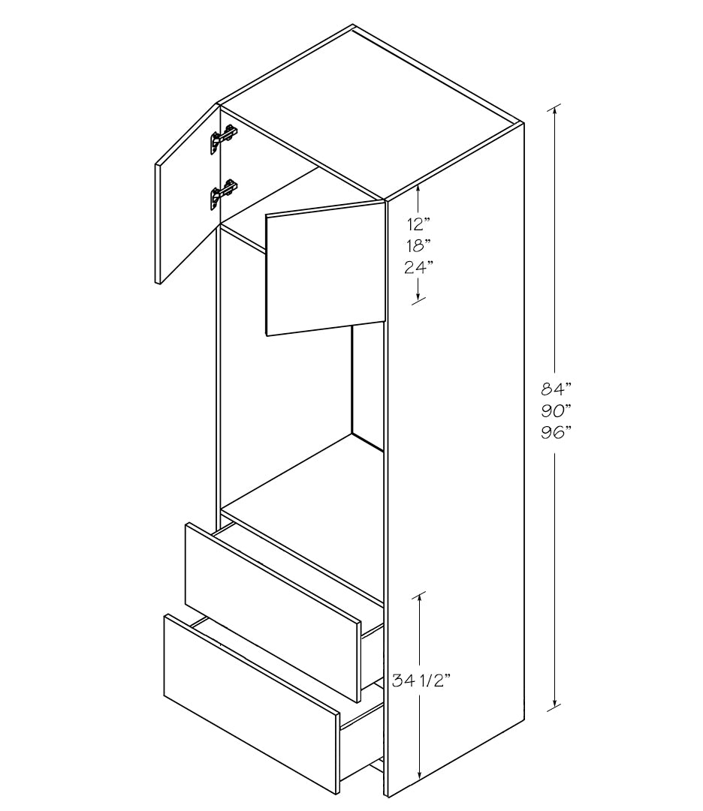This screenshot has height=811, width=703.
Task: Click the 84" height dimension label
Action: point(556,388)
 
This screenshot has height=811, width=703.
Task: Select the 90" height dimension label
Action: point(556,410)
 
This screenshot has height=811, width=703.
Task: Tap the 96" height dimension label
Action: point(556,432)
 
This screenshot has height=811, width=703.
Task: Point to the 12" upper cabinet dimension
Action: point(418,224)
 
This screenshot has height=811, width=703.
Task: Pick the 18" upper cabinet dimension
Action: point(418,245)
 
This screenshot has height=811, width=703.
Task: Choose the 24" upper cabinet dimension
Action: point(418,267)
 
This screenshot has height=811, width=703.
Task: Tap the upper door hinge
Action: point(223,138)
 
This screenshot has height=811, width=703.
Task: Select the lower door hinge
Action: point(223,194)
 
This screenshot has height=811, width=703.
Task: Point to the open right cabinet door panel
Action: point(326,269)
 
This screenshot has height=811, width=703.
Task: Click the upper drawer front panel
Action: point(273,612)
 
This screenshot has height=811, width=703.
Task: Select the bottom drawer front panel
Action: point(252,704)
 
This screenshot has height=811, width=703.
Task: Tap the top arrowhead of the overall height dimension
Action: point(555,110)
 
